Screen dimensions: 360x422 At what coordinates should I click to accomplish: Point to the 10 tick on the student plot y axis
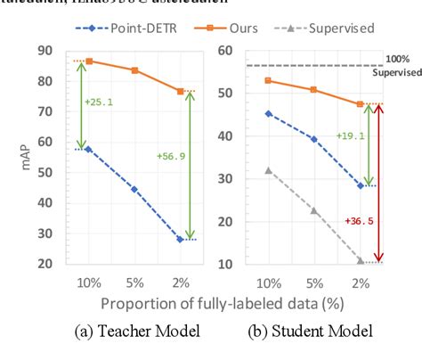pos(226,265)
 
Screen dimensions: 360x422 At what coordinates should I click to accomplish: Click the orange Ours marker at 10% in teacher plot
pos(88,61)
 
